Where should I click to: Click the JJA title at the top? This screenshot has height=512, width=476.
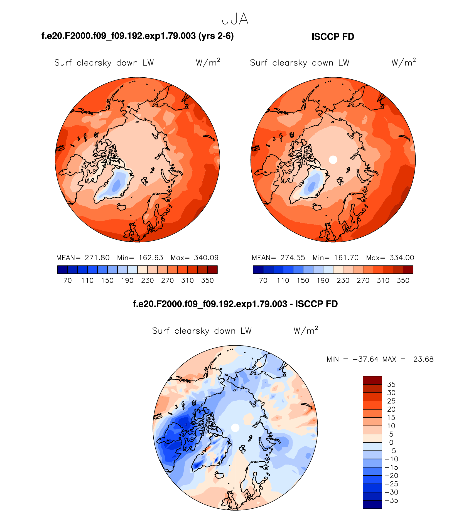[235, 19]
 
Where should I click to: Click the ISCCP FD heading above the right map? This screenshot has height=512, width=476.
[333, 37]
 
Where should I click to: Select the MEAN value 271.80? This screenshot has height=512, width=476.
[97, 258]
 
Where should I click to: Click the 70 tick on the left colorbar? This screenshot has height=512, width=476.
[68, 280]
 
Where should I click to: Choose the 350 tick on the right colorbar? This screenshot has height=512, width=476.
[403, 280]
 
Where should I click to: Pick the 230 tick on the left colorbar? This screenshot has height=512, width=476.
[147, 280]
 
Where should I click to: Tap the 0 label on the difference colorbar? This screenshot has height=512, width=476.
[391, 442]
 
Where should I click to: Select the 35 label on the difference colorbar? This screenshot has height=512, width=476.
[391, 385]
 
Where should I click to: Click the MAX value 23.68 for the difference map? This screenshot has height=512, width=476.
[423, 359]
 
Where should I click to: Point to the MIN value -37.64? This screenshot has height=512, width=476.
[365, 359]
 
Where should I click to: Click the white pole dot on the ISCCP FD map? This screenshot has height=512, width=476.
[333, 160]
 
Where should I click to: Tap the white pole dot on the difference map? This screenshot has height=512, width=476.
[235, 428]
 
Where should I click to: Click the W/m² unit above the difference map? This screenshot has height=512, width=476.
[306, 330]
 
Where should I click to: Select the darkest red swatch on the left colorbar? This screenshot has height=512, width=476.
[212, 270]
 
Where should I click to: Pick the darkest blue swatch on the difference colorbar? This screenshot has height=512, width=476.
[372, 504]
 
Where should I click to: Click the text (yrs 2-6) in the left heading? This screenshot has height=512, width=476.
[216, 36]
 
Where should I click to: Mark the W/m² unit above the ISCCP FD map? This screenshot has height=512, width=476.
[403, 62]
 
